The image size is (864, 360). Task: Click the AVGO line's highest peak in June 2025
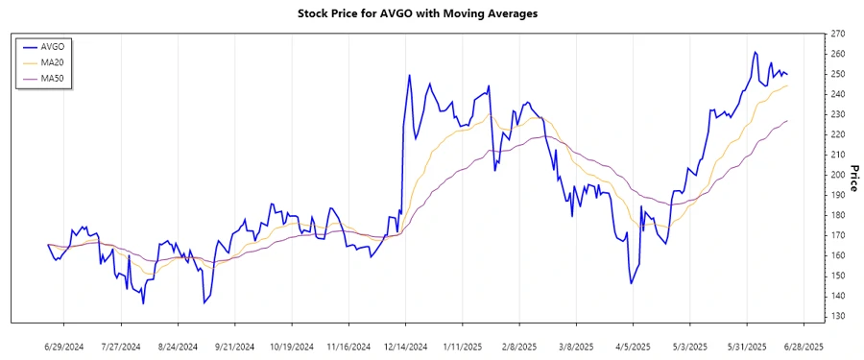[755, 52]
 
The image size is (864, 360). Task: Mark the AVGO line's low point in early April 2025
[631, 283]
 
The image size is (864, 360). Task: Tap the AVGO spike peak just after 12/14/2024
[410, 75]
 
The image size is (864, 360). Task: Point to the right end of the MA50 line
[788, 121]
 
